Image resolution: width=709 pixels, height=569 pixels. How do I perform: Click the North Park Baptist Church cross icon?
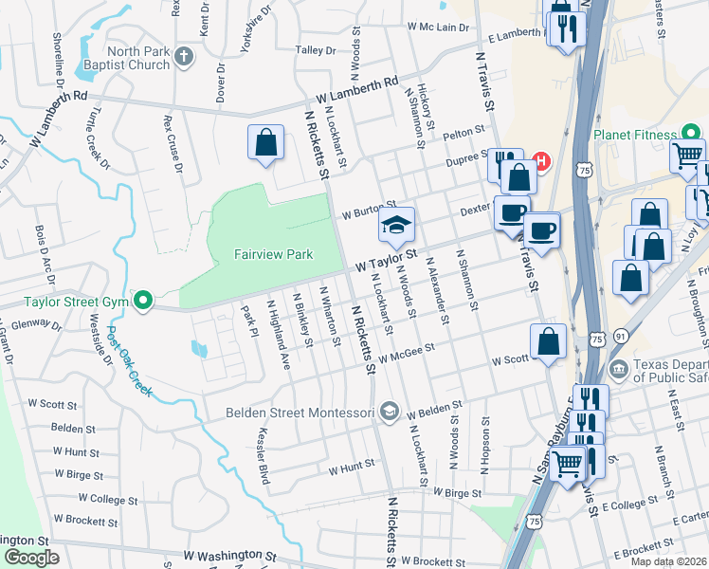tap(185, 57)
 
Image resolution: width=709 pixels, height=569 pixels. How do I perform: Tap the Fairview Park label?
tap(274, 254)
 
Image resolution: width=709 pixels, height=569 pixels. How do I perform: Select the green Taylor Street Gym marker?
tap(143, 302)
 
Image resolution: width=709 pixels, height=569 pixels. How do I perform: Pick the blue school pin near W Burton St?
tap(396, 225)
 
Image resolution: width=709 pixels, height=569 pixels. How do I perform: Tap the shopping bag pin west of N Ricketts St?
tap(266, 143)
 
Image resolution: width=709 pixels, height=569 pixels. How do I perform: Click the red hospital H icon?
tap(541, 160)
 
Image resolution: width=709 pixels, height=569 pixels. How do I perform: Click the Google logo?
tap(31, 558)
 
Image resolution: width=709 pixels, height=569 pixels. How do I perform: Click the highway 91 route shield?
tap(620, 336)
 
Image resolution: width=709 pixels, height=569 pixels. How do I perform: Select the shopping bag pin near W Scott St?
tap(549, 342)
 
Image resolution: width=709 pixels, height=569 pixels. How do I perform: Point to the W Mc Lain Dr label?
tap(438, 28)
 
